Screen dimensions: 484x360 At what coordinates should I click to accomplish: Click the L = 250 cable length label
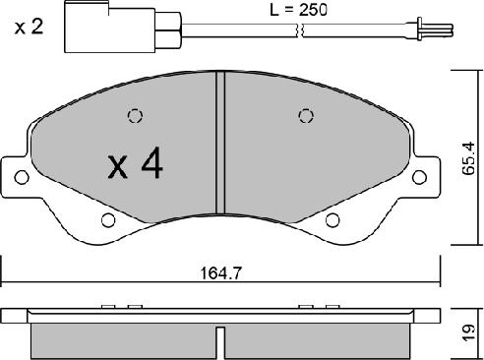[298, 10]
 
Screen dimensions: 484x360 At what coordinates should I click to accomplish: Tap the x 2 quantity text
[29, 27]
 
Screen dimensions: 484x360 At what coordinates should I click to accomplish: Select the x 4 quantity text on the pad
[136, 163]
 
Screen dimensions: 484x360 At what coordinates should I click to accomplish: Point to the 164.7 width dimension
[220, 272]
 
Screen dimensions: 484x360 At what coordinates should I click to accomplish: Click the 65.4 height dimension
[467, 158]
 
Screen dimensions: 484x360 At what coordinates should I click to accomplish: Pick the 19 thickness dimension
[468, 332]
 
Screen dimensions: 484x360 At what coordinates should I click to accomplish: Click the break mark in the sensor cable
[300, 30]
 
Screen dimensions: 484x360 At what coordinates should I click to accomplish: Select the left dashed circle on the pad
[135, 116]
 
